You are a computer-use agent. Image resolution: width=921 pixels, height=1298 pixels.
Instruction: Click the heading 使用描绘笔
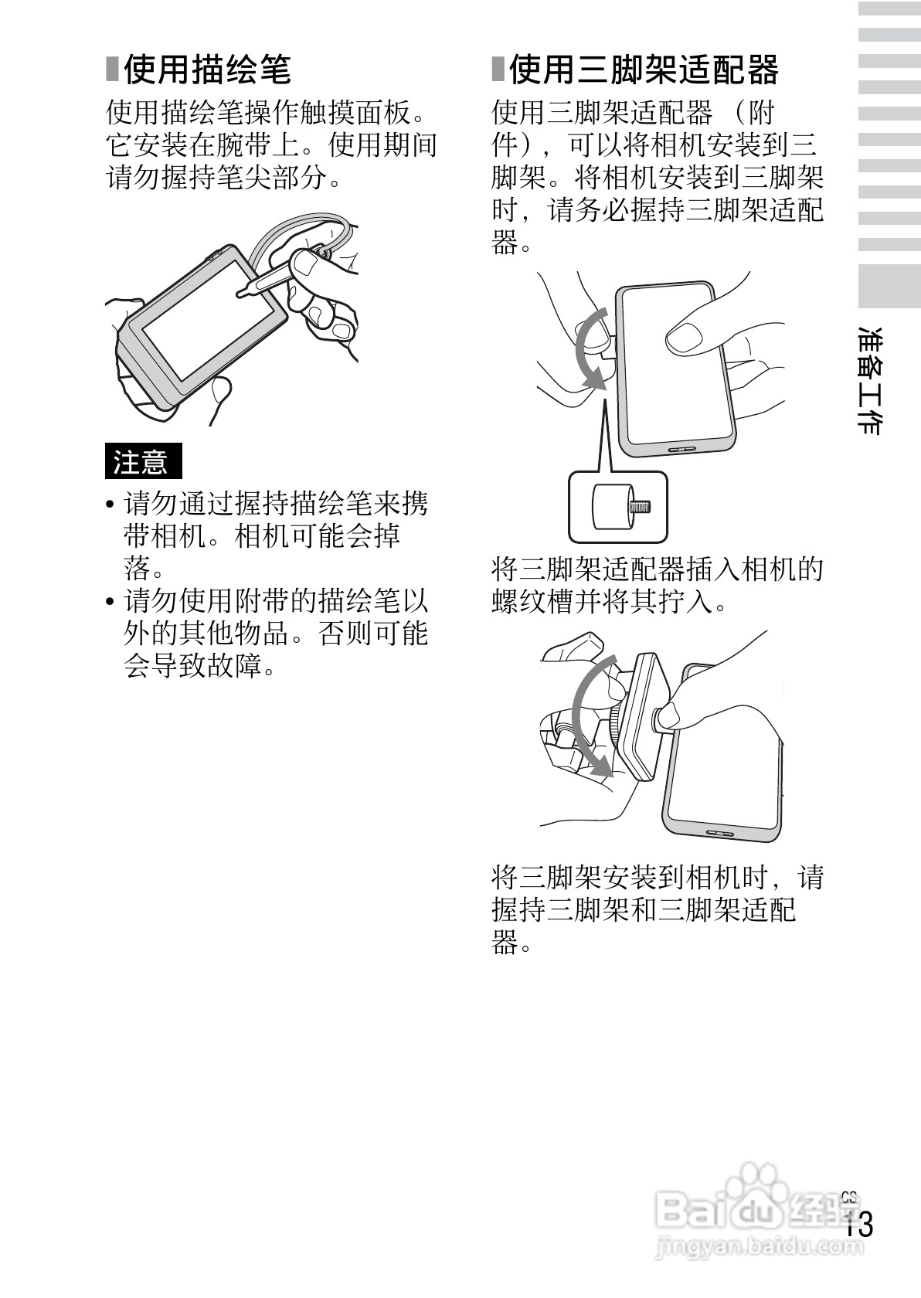coord(206,70)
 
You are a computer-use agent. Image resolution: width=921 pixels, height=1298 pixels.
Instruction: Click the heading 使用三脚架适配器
coord(643,70)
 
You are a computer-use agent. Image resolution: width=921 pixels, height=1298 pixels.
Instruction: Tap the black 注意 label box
coord(143,461)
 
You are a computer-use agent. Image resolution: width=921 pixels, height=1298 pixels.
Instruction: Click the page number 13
coord(858,1225)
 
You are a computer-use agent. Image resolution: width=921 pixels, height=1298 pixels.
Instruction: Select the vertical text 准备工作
coord(872,380)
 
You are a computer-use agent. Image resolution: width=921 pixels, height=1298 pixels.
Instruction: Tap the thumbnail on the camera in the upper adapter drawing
coord(684,338)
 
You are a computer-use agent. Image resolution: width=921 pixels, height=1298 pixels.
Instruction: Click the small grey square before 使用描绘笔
coord(113,70)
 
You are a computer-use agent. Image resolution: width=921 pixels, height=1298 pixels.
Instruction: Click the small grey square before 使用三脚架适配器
coord(498,70)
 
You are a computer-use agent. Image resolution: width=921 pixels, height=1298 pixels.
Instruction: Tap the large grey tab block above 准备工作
coord(889,286)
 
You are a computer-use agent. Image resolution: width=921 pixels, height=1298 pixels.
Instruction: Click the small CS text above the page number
coord(849,1197)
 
